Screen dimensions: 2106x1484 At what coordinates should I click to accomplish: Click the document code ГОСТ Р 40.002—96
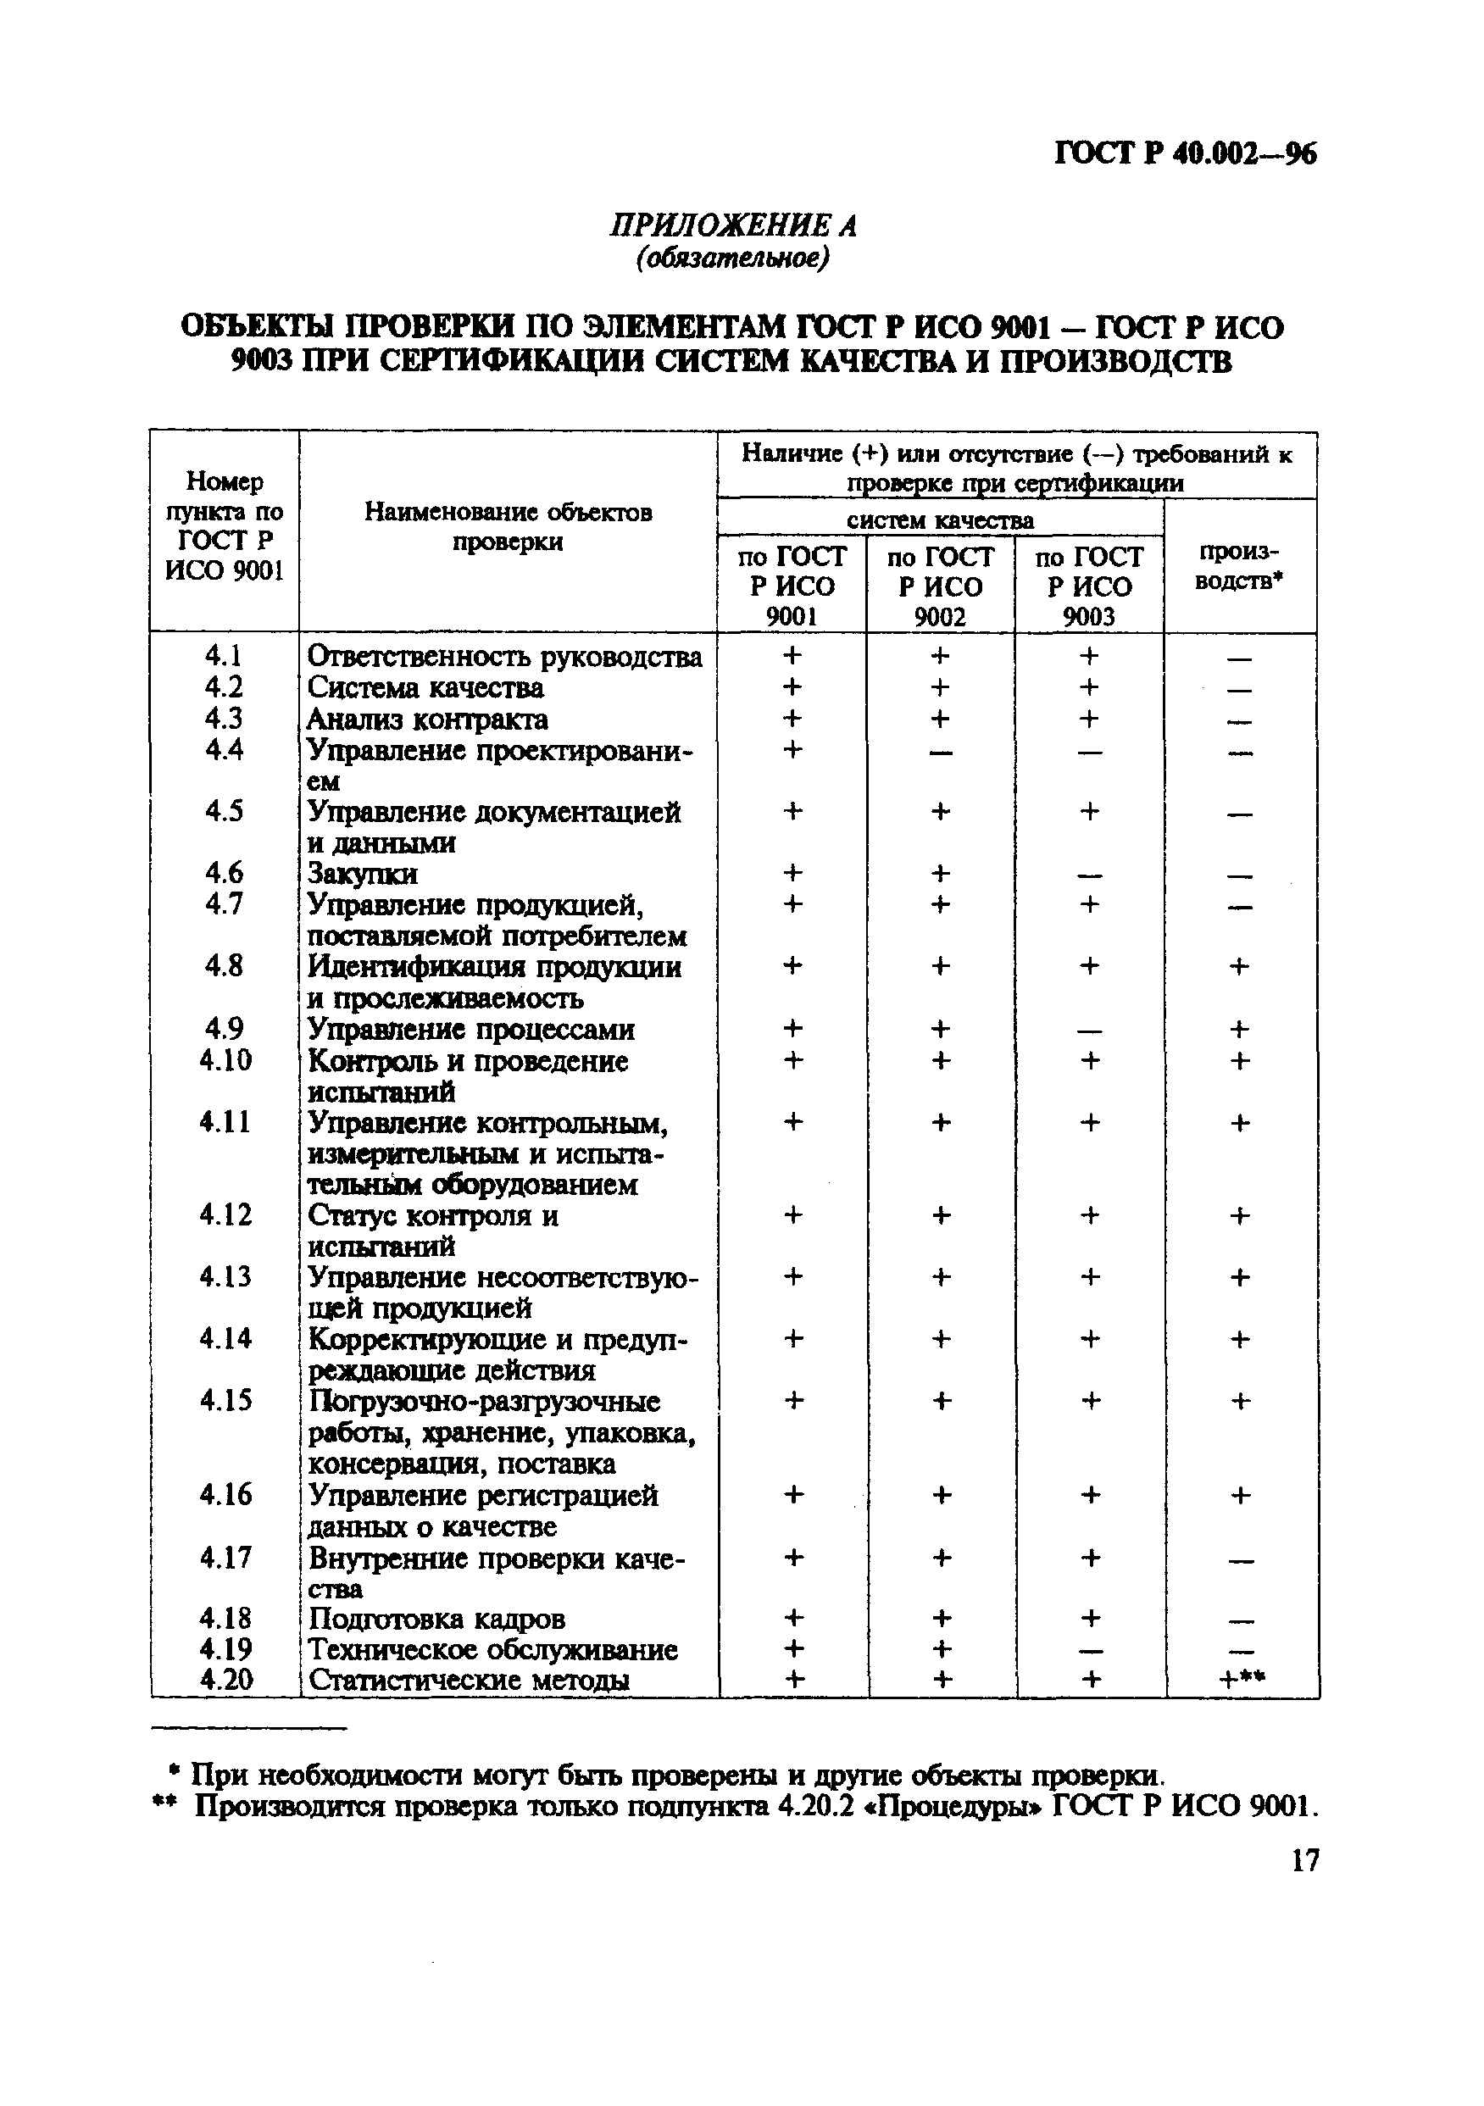pyautogui.click(x=1185, y=153)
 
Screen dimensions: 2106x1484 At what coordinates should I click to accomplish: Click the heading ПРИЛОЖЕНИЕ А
pyautogui.click(x=733, y=225)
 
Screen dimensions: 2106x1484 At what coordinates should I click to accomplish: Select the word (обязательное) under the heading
pyautogui.click(x=733, y=259)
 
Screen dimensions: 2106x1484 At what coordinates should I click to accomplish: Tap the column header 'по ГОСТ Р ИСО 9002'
pyautogui.click(x=940, y=586)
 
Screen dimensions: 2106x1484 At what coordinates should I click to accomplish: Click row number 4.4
pyautogui.click(x=224, y=750)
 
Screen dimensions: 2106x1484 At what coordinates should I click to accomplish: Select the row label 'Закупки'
pyautogui.click(x=362, y=873)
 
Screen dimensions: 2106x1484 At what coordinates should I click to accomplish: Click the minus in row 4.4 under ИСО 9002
pyautogui.click(x=940, y=753)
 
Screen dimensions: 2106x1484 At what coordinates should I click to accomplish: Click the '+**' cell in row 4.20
pyautogui.click(x=1242, y=1680)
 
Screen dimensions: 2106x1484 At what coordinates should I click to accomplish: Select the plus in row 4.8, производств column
pyautogui.click(x=1239, y=966)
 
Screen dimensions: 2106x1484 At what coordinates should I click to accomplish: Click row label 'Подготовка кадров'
pyautogui.click(x=436, y=1619)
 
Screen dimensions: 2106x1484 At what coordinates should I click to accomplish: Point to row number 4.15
pyautogui.click(x=225, y=1401)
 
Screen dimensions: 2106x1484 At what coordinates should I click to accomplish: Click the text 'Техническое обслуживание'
pyautogui.click(x=492, y=1649)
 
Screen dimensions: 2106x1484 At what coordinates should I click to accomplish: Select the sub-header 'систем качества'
pyautogui.click(x=940, y=520)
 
